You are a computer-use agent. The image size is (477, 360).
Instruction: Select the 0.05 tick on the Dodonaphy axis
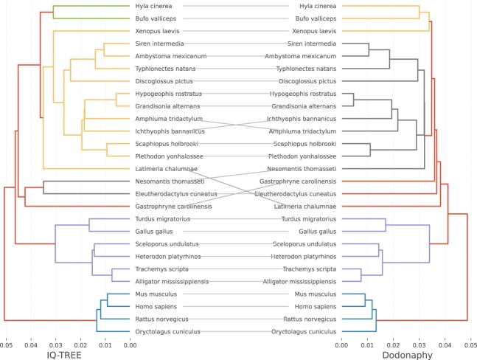[x=467, y=344]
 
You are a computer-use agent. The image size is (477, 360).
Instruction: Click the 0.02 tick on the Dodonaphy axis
[x=391, y=344]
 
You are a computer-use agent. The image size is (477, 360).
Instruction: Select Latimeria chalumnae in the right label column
[x=304, y=207]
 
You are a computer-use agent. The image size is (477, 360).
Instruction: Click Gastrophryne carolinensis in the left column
[x=169, y=207]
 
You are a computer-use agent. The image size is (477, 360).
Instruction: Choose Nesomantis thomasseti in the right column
[x=304, y=169]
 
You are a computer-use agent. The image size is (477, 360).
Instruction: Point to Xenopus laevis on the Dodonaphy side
[x=312, y=31]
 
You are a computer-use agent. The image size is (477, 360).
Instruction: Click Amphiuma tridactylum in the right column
[x=306, y=131]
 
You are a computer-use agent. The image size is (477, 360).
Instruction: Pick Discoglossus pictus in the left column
[x=160, y=81]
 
